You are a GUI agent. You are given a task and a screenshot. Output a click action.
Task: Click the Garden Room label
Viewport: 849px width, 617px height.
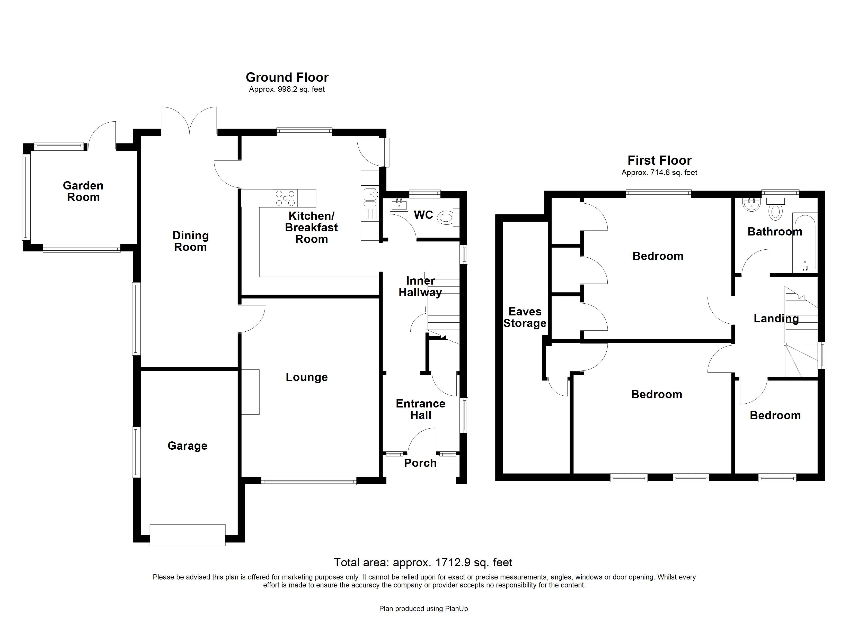pyautogui.click(x=83, y=191)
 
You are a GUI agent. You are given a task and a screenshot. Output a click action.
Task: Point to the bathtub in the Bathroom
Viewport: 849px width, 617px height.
pyautogui.click(x=804, y=242)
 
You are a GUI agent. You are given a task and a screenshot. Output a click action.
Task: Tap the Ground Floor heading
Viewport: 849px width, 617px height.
pyautogui.click(x=287, y=77)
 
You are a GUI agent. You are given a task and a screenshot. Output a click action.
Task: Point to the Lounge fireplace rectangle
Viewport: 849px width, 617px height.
pyautogui.click(x=250, y=392)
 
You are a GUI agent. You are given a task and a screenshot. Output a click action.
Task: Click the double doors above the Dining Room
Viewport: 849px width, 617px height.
pyautogui.click(x=189, y=121)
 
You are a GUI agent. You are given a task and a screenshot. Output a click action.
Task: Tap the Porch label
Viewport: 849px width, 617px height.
pyautogui.click(x=420, y=463)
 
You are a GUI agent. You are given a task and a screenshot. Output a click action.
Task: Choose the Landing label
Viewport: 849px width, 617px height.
pyautogui.click(x=776, y=319)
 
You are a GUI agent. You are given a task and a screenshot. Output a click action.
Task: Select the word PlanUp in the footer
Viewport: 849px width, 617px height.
pyautogui.click(x=456, y=609)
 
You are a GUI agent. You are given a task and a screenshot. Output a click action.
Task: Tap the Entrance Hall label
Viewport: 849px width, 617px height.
pyautogui.click(x=420, y=409)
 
